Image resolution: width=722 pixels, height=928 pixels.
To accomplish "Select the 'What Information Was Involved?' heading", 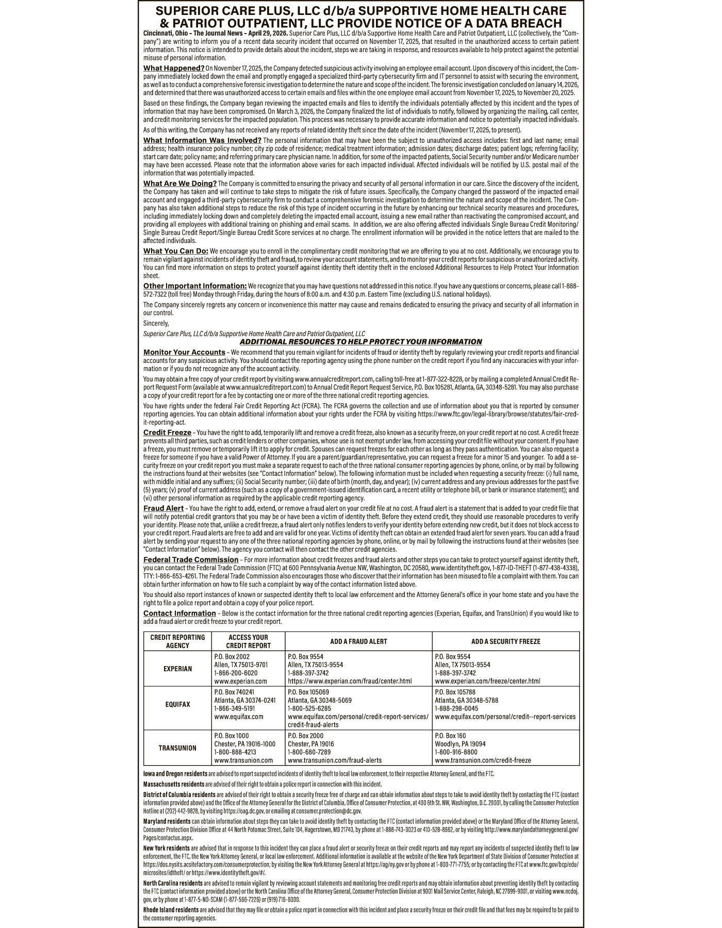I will pos(202,140).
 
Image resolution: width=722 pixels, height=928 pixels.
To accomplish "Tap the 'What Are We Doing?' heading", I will pos(179,184).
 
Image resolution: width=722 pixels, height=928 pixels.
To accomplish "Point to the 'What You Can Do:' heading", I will pos(175,251).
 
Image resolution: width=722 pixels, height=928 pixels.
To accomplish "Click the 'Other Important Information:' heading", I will pos(195,286).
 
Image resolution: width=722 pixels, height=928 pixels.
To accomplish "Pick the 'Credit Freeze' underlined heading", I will pos(167,432).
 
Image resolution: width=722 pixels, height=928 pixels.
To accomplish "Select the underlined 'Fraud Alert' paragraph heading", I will pos(163,508).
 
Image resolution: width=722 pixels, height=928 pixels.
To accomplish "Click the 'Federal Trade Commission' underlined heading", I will pos(190,559).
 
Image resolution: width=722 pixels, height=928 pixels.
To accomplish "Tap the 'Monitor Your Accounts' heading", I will pos(184,352).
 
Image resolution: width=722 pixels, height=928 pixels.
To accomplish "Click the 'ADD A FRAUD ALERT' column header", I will pos(358,641).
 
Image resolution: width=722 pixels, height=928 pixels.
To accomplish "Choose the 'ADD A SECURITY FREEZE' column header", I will pos(505,641).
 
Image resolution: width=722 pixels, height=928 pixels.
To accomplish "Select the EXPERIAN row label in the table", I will pos(177,669).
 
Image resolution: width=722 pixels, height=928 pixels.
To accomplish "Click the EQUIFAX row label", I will pos(177,704).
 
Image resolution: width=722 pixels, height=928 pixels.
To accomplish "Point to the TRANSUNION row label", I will pos(177,748).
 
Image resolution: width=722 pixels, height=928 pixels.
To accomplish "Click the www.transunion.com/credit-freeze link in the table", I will pos(483,760).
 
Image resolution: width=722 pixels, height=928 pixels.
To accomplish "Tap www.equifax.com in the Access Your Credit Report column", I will pos(238,717).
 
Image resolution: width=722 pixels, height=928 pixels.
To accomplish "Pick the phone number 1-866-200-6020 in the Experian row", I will pos(235,673).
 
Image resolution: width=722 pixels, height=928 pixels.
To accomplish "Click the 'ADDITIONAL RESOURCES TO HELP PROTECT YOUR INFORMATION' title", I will pos(361,342).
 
